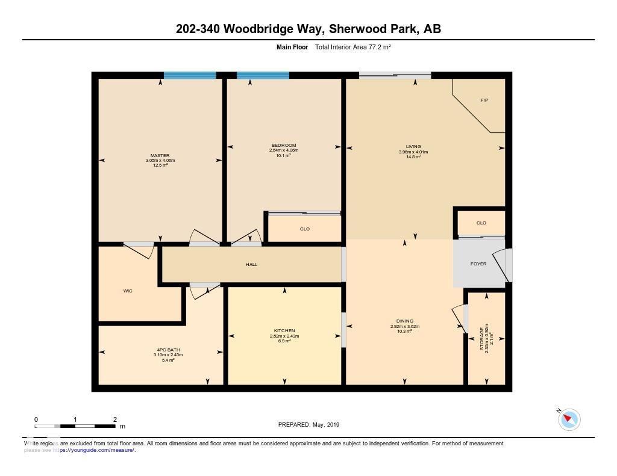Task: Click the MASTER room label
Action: click(x=160, y=156)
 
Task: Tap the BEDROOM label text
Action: click(x=283, y=146)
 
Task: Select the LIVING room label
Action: click(x=413, y=146)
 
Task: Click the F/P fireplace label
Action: click(x=484, y=100)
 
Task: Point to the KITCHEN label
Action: click(x=284, y=330)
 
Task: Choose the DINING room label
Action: click(x=404, y=321)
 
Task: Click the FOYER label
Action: click(x=479, y=264)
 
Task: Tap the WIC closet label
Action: click(x=128, y=291)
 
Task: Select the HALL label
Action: click(x=251, y=264)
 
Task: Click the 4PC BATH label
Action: click(x=168, y=350)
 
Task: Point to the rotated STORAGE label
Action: click(x=481, y=338)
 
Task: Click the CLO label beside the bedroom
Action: click(x=304, y=229)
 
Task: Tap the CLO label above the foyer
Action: click(x=481, y=223)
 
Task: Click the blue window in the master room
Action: click(x=190, y=75)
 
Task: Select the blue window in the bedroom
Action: click(x=263, y=75)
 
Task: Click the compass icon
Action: click(x=569, y=419)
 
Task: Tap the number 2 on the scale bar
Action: click(x=114, y=419)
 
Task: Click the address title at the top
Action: click(x=308, y=29)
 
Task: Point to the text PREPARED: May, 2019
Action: click(x=308, y=424)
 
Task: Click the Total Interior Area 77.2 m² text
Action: click(x=353, y=47)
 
